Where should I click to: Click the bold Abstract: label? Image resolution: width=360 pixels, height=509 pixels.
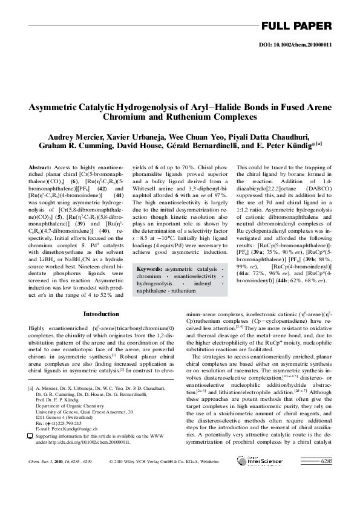tap(39, 166)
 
